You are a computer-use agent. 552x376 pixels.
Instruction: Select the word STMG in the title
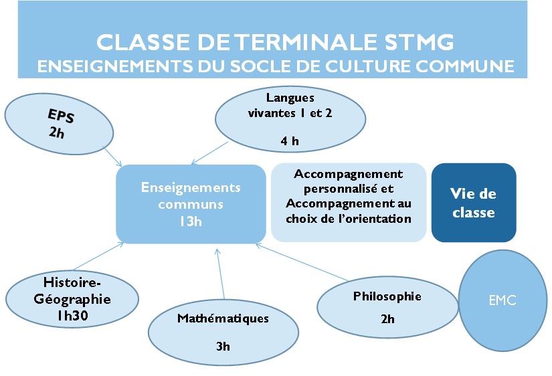[x=418, y=42]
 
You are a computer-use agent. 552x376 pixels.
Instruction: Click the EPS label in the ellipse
[x=61, y=116]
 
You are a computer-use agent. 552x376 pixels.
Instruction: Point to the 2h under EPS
[x=56, y=132]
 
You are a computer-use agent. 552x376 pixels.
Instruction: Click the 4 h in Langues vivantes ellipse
[x=290, y=141]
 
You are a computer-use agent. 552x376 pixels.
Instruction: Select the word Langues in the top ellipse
[x=290, y=98]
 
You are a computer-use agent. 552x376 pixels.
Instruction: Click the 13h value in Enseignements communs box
[x=191, y=221]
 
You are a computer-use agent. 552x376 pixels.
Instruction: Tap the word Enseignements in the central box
[x=191, y=187]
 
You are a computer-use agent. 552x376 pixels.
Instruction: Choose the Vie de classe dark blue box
[x=474, y=203]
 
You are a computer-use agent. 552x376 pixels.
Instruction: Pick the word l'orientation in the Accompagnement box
[x=375, y=219]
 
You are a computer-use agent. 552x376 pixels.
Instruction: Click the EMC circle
[x=502, y=300]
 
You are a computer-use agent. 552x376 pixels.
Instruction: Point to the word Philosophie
[x=387, y=296]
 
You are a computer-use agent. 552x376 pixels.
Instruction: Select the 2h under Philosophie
[x=387, y=319]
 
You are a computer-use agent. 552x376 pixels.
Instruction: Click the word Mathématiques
[x=223, y=318]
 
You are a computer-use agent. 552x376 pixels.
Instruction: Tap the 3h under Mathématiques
[x=223, y=347]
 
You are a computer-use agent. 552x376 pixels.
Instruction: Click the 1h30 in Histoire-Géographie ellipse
[x=72, y=315]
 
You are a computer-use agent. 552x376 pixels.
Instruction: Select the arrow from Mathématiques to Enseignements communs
[x=220, y=274]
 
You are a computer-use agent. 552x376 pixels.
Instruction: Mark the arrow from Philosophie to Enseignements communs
[x=302, y=262]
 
